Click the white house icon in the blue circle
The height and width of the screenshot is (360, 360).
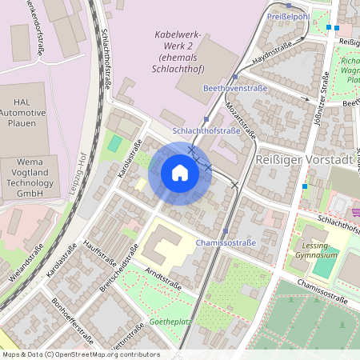180,173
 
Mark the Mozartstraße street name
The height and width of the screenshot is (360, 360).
240,119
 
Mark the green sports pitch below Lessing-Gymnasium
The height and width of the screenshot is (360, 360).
325,263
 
